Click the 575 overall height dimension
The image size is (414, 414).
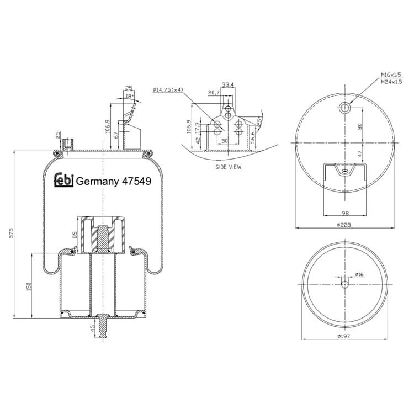click(11, 233)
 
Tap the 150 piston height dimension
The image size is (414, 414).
click(29, 286)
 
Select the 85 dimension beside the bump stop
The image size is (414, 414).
click(75, 235)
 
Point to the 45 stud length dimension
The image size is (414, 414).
click(92, 328)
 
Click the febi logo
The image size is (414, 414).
click(63, 180)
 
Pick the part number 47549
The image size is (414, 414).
click(136, 181)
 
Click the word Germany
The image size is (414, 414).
click(97, 182)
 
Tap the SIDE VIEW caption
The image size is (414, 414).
click(229, 167)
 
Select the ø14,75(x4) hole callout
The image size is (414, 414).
click(168, 90)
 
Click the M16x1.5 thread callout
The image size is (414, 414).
click(391, 75)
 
